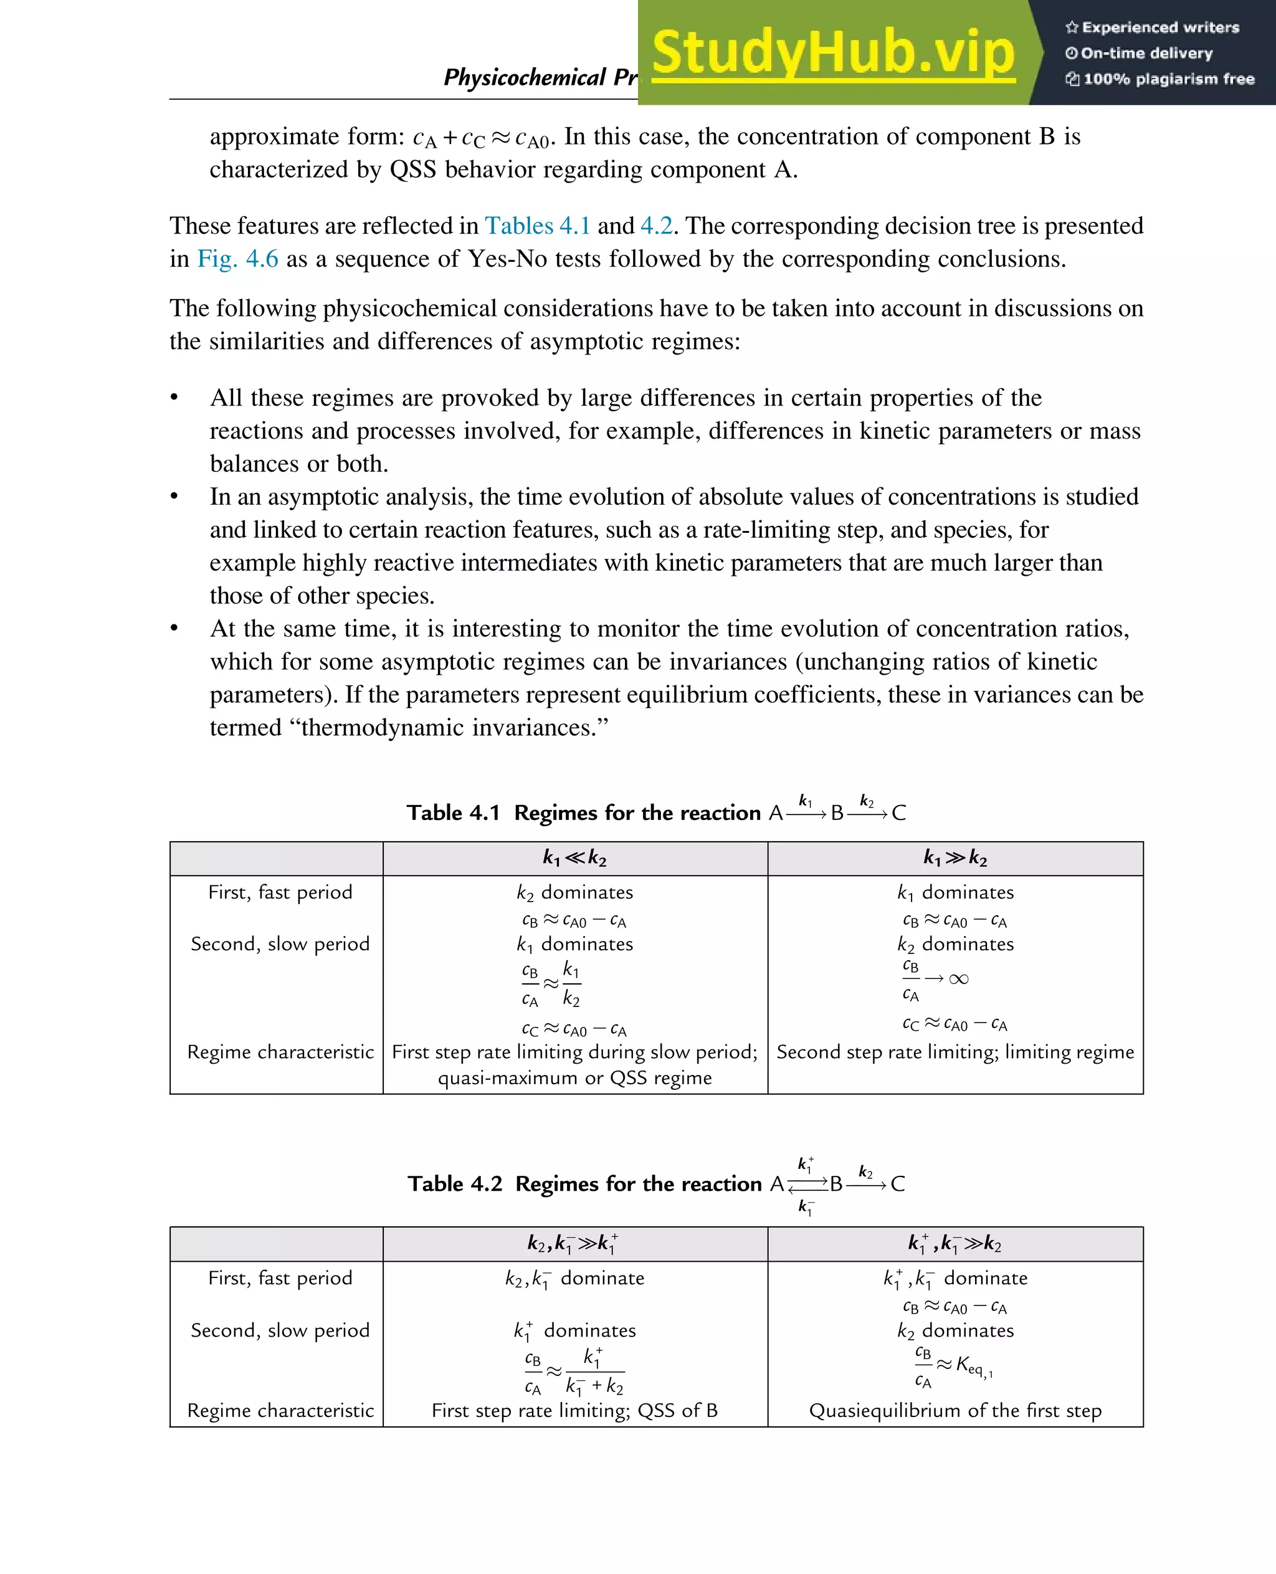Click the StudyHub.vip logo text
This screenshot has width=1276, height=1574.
pyautogui.click(x=833, y=53)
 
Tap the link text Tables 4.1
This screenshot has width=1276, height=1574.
pyautogui.click(x=537, y=226)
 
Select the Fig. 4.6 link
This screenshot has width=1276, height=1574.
pyautogui.click(x=237, y=259)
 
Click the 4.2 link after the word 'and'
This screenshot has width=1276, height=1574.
pyautogui.click(x=656, y=226)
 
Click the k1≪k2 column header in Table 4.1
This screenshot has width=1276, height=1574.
pyautogui.click(x=575, y=858)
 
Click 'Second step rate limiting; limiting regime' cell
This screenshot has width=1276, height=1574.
pyautogui.click(x=955, y=1052)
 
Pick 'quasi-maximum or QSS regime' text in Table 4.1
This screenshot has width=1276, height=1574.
pyautogui.click(x=575, y=1078)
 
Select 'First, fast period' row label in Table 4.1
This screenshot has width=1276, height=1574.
pyautogui.click(x=280, y=892)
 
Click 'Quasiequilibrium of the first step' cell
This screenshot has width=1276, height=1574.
pyautogui.click(x=955, y=1411)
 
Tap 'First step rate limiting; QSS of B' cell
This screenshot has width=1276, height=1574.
pyautogui.click(x=575, y=1411)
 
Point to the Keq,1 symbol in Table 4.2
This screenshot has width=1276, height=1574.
pyautogui.click(x=974, y=1366)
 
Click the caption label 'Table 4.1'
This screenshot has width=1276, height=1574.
pyautogui.click(x=453, y=813)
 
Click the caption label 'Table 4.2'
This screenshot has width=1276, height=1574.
pyautogui.click(x=454, y=1185)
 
